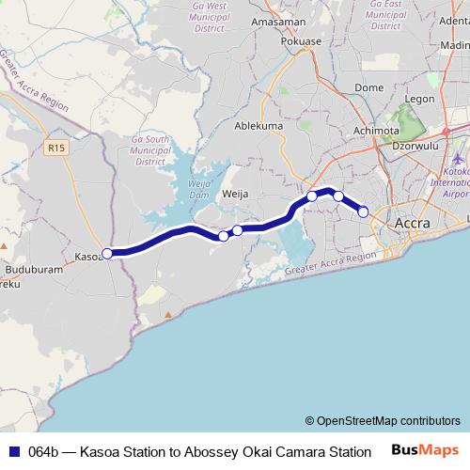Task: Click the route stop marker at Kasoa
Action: (x=107, y=253)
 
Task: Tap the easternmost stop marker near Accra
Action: (x=364, y=211)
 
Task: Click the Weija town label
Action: (x=234, y=194)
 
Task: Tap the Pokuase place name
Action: (x=301, y=42)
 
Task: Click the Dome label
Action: (x=368, y=87)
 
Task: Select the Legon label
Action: (x=419, y=99)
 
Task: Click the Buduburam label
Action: (x=32, y=269)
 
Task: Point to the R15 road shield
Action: (x=56, y=147)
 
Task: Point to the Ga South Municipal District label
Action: (x=149, y=150)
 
